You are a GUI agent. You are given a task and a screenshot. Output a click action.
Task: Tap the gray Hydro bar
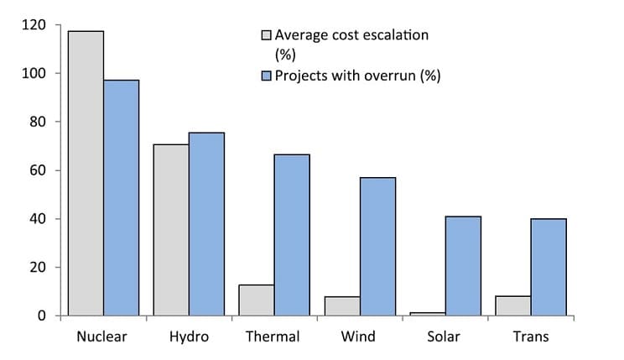point(171,230)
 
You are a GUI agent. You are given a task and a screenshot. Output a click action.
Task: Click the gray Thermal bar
point(257,300)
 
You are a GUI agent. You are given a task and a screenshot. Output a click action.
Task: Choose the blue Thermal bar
point(292,235)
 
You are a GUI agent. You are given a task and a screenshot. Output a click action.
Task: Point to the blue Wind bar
point(377,247)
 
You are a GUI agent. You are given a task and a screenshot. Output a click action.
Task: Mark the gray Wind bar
point(342,306)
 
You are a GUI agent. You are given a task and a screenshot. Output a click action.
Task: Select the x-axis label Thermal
point(273,337)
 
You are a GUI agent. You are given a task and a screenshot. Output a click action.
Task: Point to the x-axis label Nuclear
point(102,337)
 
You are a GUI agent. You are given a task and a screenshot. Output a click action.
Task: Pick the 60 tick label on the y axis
point(40,170)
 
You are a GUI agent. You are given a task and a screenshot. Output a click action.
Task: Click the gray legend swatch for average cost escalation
point(268,36)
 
